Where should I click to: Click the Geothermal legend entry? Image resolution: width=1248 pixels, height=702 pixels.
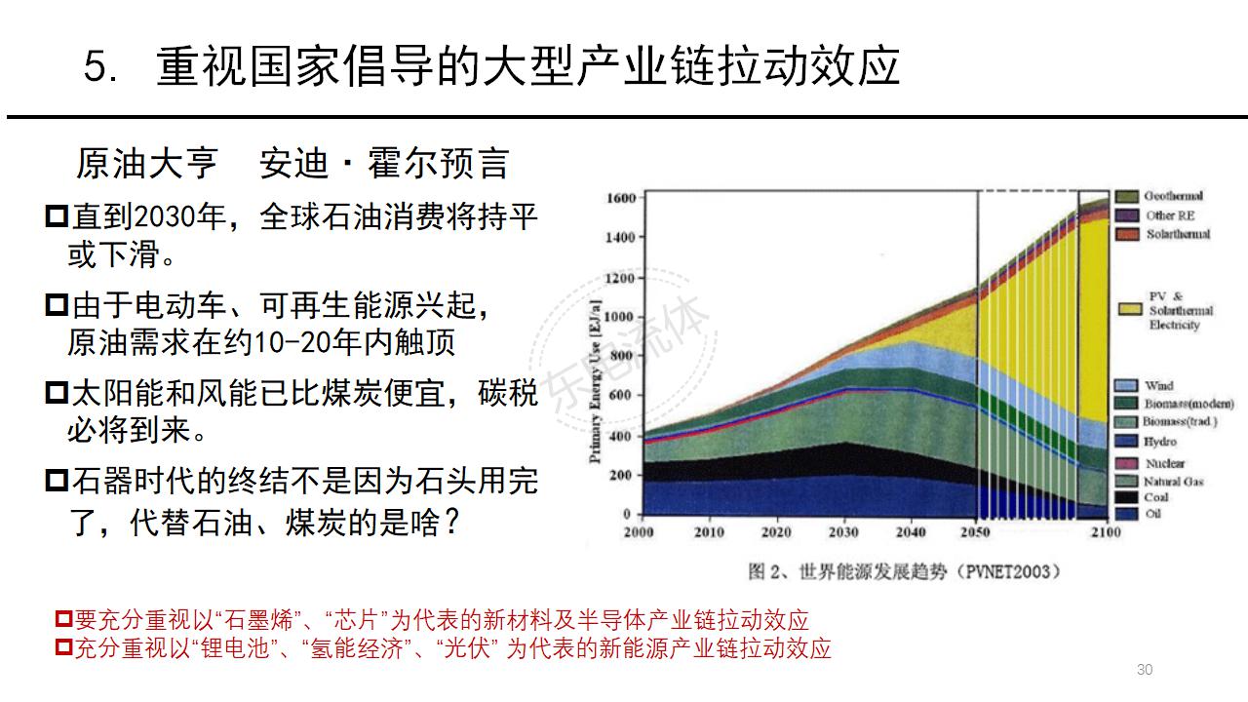click(x=1173, y=196)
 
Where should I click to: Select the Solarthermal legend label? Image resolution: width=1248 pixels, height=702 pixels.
click(x=1178, y=234)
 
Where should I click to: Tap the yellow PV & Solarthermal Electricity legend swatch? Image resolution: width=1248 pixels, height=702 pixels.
click(x=1129, y=309)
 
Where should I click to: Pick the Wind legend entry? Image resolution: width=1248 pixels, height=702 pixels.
click(x=1159, y=386)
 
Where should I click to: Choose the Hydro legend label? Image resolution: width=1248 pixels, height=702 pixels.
click(x=1160, y=442)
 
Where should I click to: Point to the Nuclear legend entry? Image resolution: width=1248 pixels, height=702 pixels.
click(x=1164, y=463)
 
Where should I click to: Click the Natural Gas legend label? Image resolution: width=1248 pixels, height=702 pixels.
click(x=1174, y=481)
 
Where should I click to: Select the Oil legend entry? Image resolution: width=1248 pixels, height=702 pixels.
click(x=1153, y=513)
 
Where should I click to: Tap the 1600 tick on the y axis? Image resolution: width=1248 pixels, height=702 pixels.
click(x=621, y=198)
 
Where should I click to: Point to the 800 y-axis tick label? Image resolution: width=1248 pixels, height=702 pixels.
click(x=624, y=356)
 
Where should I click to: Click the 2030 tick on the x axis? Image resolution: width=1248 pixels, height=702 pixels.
click(x=843, y=532)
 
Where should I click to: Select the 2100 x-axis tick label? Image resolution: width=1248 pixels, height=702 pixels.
click(x=1106, y=532)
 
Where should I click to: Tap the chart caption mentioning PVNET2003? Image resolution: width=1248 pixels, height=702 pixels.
click(x=903, y=570)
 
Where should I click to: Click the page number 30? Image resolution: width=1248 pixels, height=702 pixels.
click(x=1145, y=669)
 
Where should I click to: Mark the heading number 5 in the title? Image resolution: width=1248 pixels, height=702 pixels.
click(x=99, y=68)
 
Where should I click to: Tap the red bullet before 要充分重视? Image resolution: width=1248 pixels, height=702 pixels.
click(x=64, y=619)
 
